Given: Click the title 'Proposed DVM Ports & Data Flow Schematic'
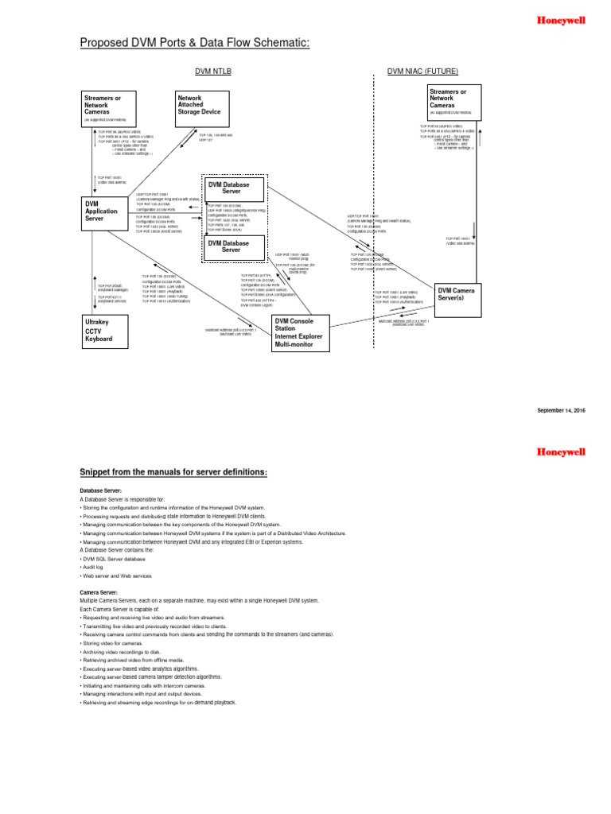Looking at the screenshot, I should click(194, 42).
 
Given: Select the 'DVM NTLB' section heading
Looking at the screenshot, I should click(213, 72).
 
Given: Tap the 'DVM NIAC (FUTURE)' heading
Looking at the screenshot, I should click(422, 72).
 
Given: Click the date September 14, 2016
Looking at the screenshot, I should click(561, 409).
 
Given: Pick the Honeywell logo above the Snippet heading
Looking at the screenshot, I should click(562, 452).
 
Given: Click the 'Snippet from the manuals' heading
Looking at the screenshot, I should click(173, 473).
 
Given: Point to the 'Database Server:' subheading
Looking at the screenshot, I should click(101, 491).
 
